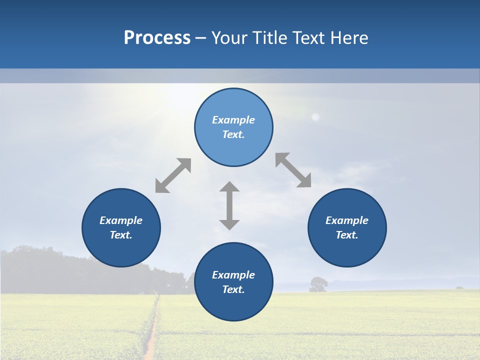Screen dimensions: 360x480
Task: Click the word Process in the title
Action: pyautogui.click(x=157, y=38)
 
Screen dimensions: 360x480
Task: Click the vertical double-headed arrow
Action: pyautogui.click(x=229, y=205)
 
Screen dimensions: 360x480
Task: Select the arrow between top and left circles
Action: pyautogui.click(x=173, y=175)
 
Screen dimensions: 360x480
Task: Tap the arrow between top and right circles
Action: pyautogui.click(x=293, y=170)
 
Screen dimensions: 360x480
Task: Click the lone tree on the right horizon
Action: pyautogui.click(x=318, y=283)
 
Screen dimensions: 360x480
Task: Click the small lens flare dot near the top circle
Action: pyautogui.click(x=315, y=117)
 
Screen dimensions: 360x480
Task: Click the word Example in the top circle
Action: pyautogui.click(x=233, y=120)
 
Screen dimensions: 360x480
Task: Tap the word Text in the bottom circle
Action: pyautogui.click(x=233, y=289)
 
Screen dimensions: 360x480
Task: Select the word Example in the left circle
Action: pyautogui.click(x=121, y=220)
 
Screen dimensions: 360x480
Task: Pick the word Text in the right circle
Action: pyautogui.click(x=346, y=235)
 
